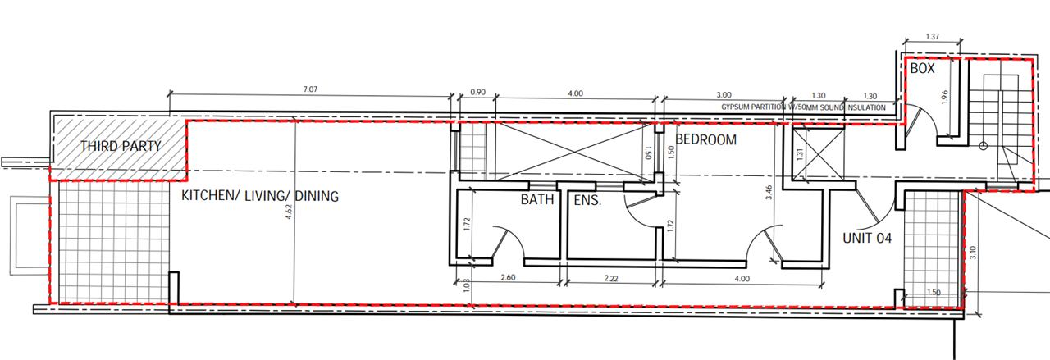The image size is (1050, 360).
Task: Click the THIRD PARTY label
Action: tap(121, 146)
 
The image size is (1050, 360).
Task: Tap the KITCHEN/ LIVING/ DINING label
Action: tap(260, 196)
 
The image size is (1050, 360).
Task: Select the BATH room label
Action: tap(537, 200)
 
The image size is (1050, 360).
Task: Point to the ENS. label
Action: tap(587, 201)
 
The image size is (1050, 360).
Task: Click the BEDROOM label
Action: tap(706, 139)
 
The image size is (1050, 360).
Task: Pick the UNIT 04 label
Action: tap(867, 238)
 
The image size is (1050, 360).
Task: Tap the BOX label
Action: tap(923, 68)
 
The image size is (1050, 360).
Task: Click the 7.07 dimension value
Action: tap(310, 89)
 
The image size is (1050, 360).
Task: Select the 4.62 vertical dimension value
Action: tap(289, 212)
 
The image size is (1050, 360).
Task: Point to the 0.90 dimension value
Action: tap(477, 93)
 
